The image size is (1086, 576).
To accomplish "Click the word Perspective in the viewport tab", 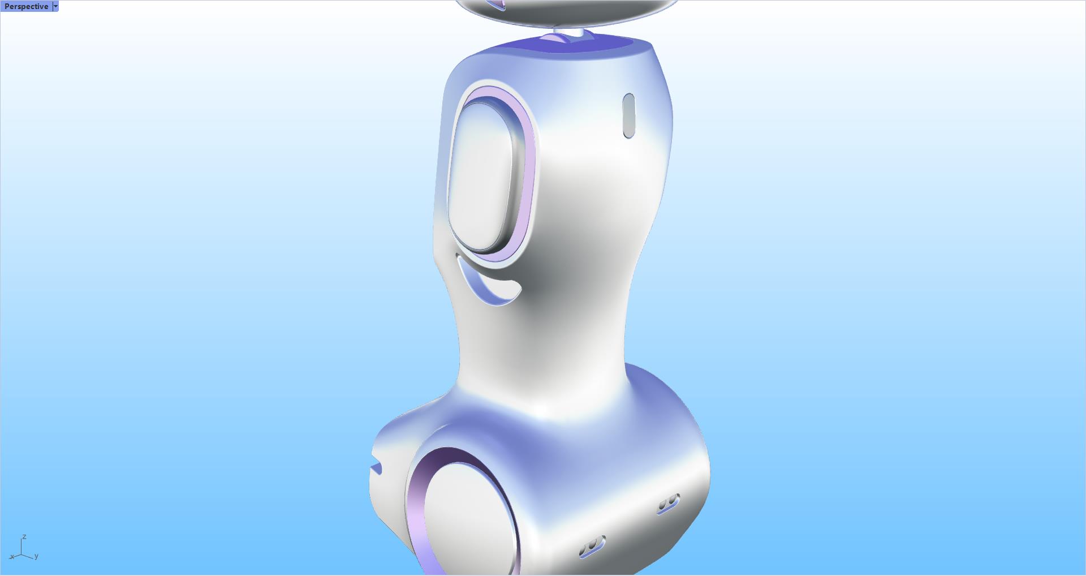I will click(x=26, y=6).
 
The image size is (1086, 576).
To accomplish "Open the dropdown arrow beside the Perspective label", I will click(x=55, y=6).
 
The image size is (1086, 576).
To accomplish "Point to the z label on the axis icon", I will click(x=24, y=536).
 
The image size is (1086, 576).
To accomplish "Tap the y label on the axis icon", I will click(x=36, y=556).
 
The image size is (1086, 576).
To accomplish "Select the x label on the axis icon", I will click(x=11, y=557).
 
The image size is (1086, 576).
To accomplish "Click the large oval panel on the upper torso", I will click(x=481, y=175).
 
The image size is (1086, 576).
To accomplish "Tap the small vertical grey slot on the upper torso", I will click(x=628, y=116).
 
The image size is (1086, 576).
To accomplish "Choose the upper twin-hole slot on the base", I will click(x=668, y=503).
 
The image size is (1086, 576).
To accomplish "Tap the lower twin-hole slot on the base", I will click(x=592, y=547).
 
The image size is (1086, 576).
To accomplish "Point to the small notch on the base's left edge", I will click(x=376, y=468).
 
